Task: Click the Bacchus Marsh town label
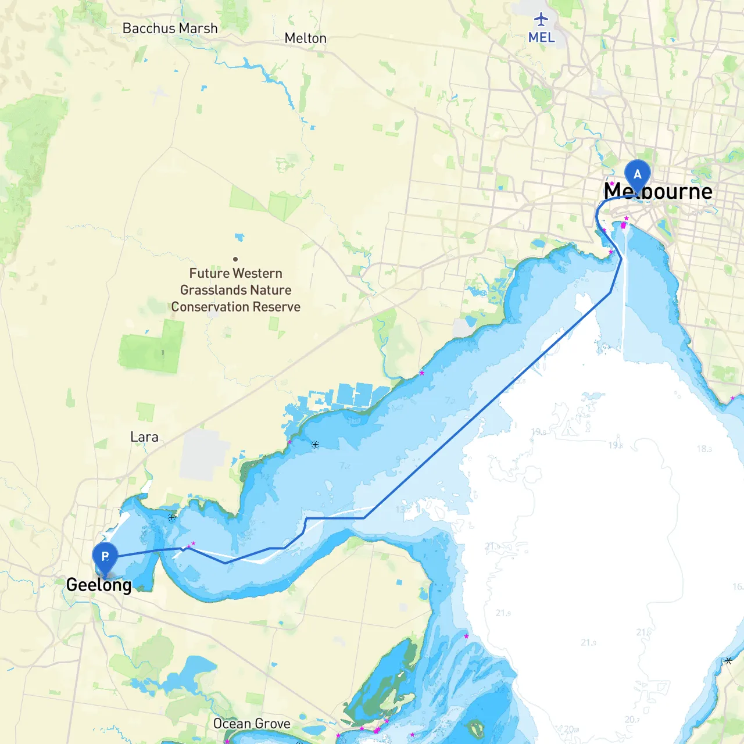tap(170, 28)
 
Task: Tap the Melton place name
tap(305, 38)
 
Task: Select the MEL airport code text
tap(541, 37)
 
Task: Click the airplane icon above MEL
tap(541, 19)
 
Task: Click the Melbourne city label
tap(658, 191)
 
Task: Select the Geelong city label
tap(99, 585)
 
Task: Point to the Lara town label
tap(144, 437)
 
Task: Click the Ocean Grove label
tap(252, 724)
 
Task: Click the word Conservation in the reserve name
tap(208, 307)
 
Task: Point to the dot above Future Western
tap(235, 259)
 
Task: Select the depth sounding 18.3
tap(704, 449)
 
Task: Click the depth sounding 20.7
tap(632, 720)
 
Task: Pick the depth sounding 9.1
tap(400, 459)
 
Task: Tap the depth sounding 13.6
tap(403, 509)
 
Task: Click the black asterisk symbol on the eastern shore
tap(728, 661)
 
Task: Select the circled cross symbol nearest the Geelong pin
tap(171, 517)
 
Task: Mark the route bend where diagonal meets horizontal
tap(364, 517)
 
